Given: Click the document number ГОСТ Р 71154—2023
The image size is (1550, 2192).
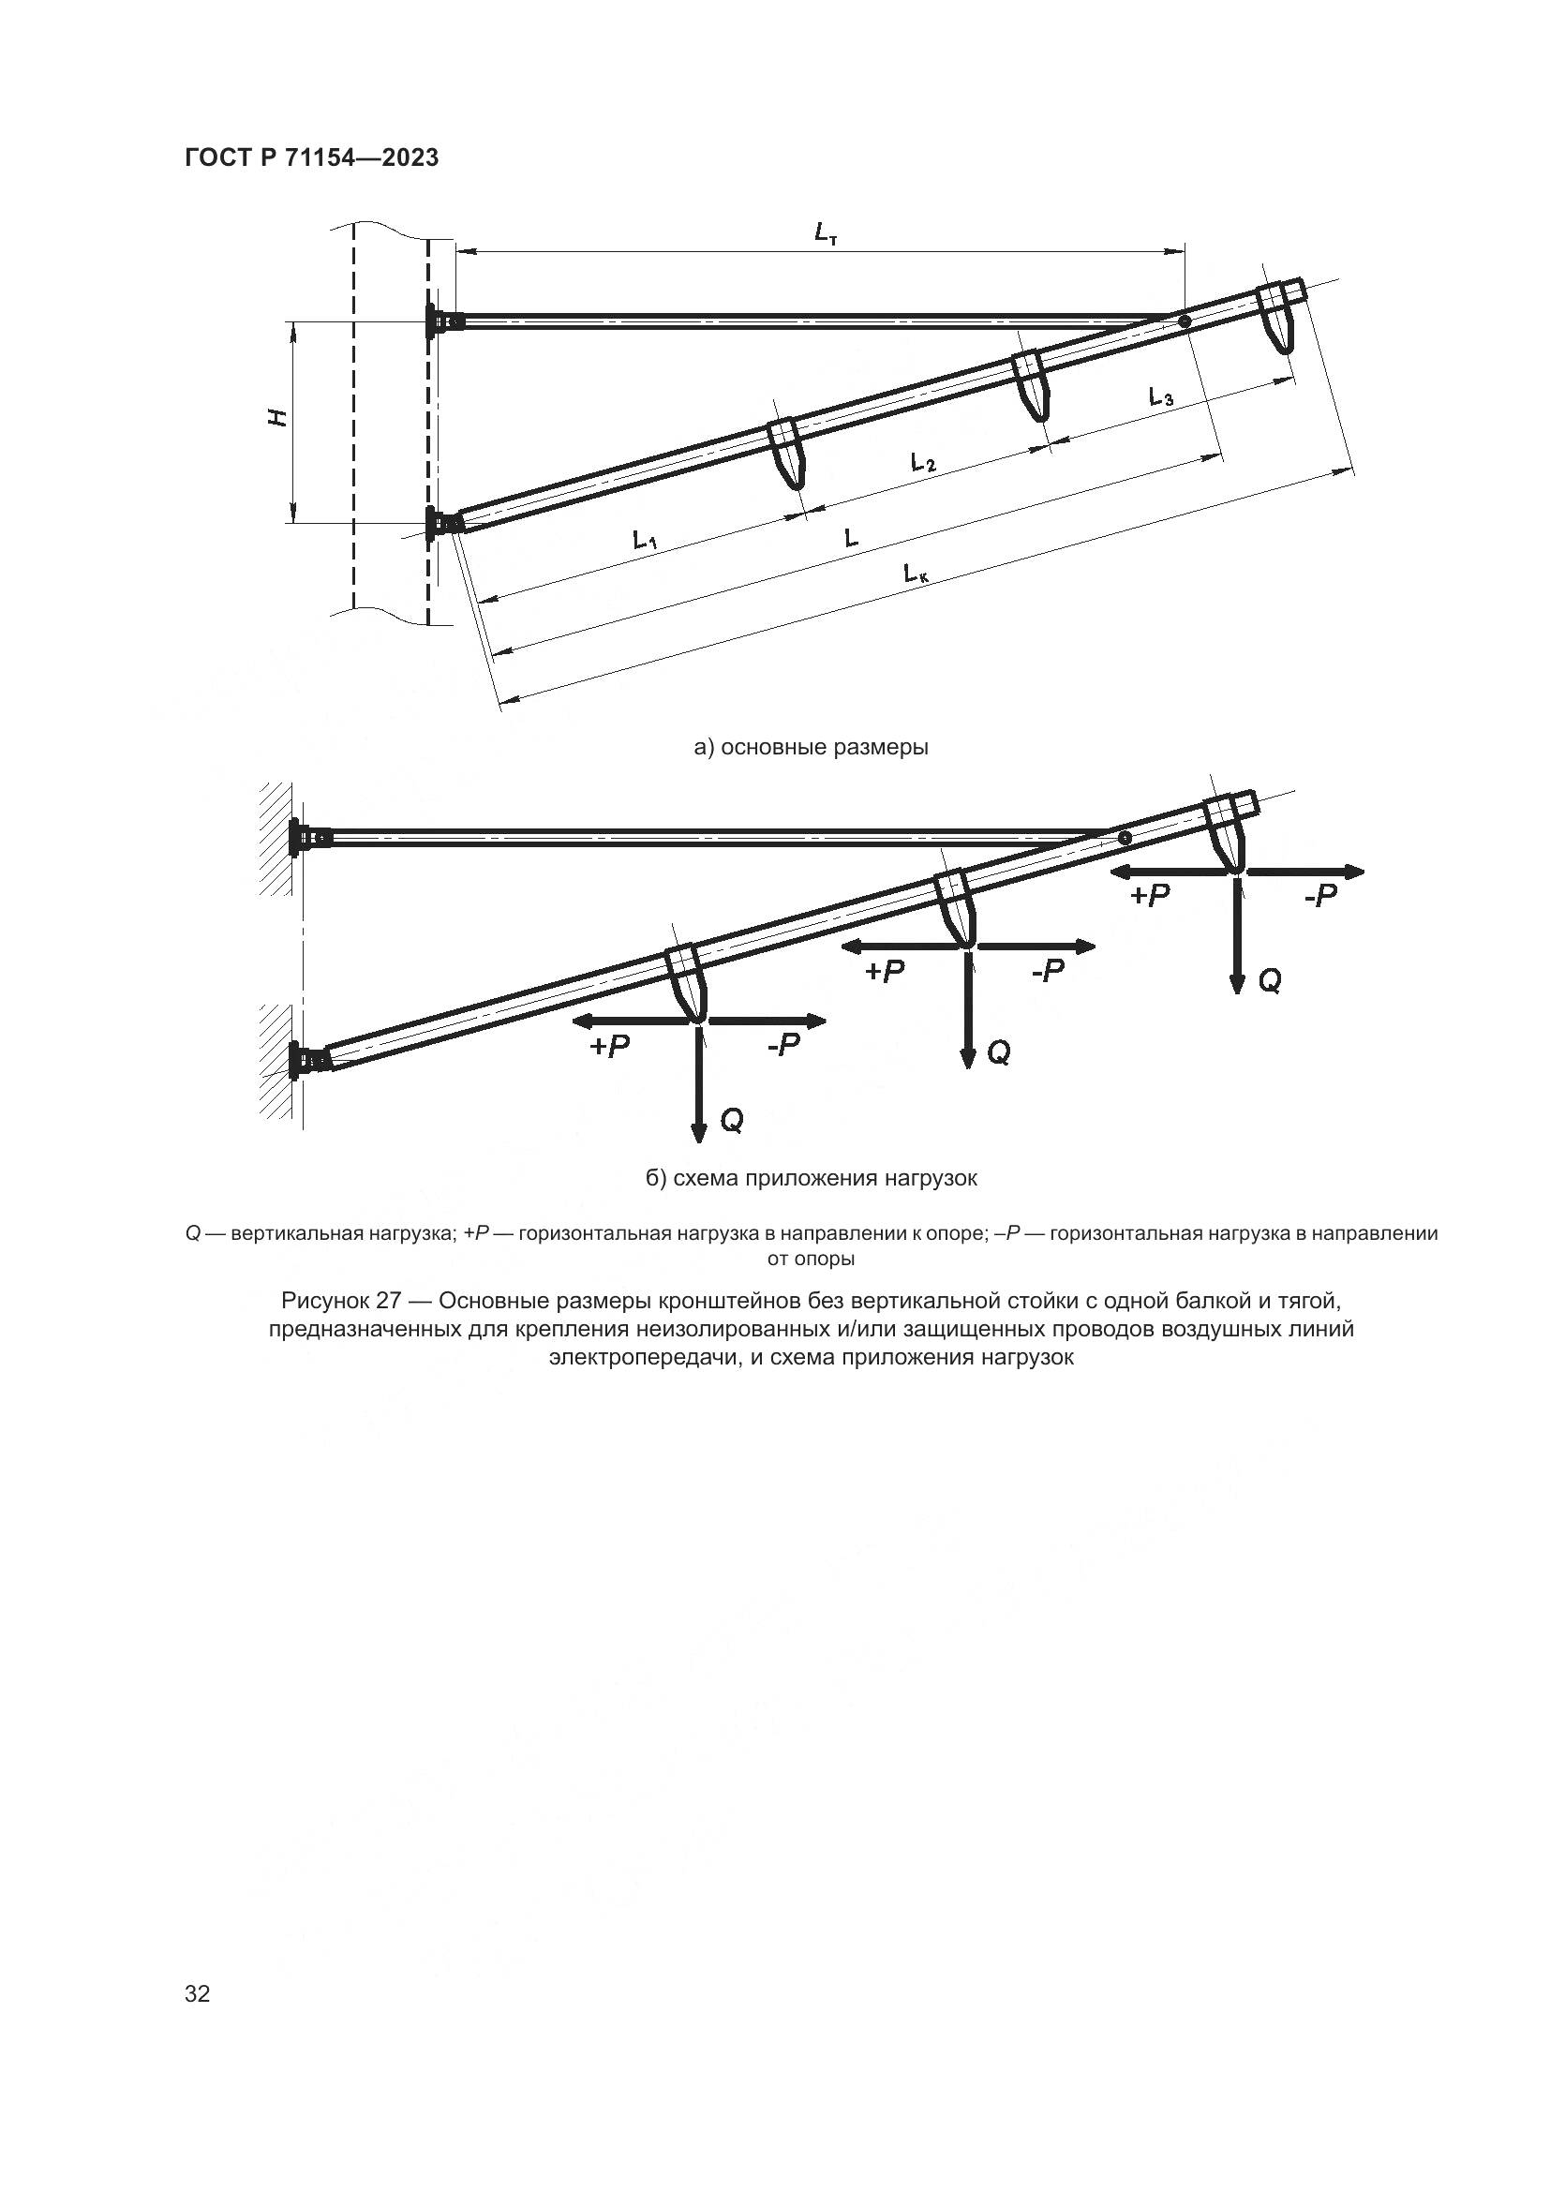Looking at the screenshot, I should (311, 157).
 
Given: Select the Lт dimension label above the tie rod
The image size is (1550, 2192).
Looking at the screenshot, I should (826, 232).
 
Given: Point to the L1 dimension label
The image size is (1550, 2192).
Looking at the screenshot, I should (645, 541).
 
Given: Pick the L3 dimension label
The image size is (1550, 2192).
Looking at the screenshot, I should (1160, 396).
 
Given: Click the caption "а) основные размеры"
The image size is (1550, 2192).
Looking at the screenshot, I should (812, 747).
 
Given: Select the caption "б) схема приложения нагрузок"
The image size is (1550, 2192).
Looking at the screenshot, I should (812, 1178).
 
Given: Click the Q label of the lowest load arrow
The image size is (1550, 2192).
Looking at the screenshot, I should (731, 1121).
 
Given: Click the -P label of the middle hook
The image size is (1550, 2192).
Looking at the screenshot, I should (1047, 971).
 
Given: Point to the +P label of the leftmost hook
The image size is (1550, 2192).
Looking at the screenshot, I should (609, 1047).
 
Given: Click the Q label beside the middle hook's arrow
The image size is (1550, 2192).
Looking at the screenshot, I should (998, 1053).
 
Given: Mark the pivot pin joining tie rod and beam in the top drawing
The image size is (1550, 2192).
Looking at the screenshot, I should (1184, 322).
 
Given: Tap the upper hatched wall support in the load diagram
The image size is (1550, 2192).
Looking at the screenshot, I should (276, 838).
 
